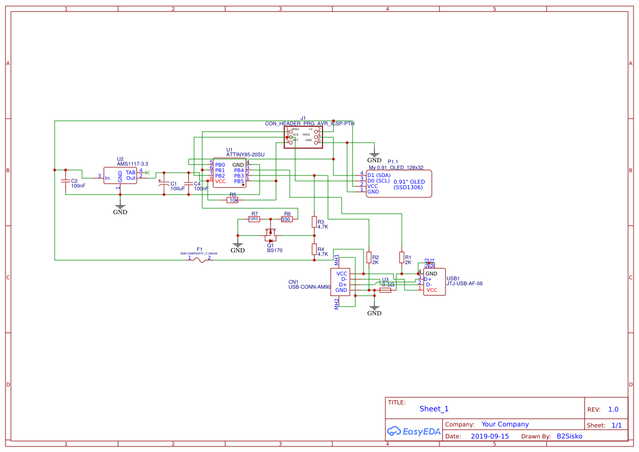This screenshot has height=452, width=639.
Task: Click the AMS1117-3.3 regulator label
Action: tap(132, 164)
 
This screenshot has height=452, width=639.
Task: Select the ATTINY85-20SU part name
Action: tap(245, 155)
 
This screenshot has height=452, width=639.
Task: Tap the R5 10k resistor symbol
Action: tap(233, 200)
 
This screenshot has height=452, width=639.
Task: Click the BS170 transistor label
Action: tap(274, 250)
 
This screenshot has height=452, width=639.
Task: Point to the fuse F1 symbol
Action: tap(200, 260)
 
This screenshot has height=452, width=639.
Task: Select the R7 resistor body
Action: tap(254, 219)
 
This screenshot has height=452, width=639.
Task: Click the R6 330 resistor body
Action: tap(286, 219)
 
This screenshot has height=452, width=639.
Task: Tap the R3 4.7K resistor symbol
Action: tap(314, 221)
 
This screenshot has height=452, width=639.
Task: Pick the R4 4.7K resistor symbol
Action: tap(314, 249)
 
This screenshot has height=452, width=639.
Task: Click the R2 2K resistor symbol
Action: tap(369, 257)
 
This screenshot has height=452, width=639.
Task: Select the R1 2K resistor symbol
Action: tap(402, 257)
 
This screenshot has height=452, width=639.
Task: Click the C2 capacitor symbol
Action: tap(66, 180)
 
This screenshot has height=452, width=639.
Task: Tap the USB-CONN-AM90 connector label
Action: tap(309, 287)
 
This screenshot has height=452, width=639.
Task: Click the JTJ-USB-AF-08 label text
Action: tap(464, 284)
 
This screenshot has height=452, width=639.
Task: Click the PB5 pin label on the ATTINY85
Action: tap(239, 181)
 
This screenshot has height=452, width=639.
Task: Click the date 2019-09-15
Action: tap(490, 436)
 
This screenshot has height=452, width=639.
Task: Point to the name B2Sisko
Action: tap(569, 436)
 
